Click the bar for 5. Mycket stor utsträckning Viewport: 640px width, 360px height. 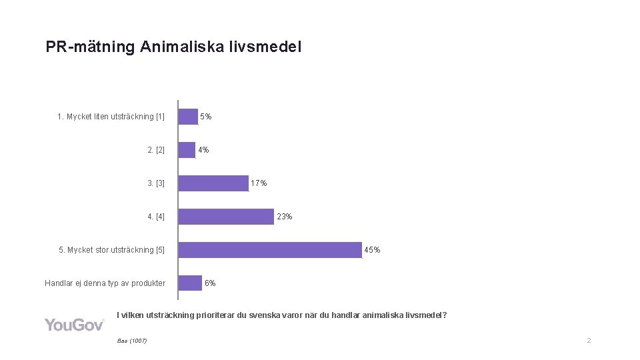270,250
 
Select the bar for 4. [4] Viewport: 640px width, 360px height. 226,217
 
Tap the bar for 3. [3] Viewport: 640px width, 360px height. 213,183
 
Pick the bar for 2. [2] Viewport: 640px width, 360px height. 187,150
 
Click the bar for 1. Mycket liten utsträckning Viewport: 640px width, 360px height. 189,117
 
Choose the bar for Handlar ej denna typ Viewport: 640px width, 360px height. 191,283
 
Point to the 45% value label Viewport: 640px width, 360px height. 372,250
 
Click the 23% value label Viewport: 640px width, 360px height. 284,217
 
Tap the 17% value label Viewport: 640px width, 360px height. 259,183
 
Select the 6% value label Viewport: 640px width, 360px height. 210,283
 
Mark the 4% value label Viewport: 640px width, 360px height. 203,150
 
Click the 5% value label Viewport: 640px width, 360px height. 206,117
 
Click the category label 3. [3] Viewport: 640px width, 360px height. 156,183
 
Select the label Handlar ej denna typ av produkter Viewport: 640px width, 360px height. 105,283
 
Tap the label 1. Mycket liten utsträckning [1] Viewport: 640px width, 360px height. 111,117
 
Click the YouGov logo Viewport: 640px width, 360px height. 75,325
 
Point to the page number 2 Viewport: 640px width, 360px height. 589,341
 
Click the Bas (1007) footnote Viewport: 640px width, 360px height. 131,341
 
